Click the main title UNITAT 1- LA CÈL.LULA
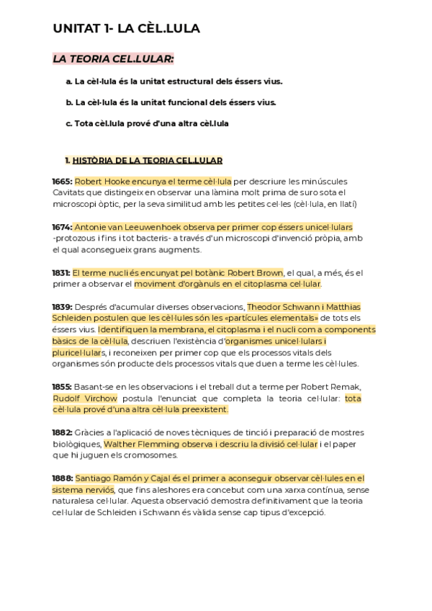(126, 29)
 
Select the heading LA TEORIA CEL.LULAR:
(113, 58)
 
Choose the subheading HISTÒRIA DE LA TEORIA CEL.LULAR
(148, 161)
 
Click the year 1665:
(62, 181)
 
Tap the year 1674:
(62, 227)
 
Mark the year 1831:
(61, 273)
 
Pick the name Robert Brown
(255, 273)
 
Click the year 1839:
(62, 307)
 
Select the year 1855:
(62, 387)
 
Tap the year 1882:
(62, 432)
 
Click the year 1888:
(62, 478)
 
